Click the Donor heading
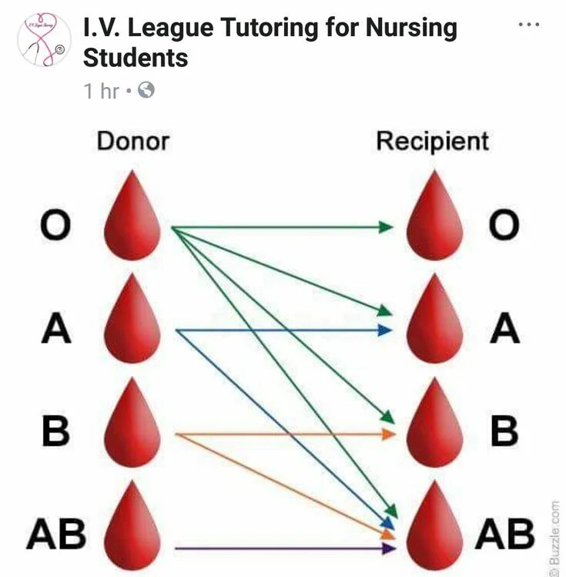132,141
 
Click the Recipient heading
432,141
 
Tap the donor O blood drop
132,220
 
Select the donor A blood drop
132,324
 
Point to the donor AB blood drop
132,532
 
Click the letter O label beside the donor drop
55,226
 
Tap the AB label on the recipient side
504,533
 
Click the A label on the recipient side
504,329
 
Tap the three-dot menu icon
529,25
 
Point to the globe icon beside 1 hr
146,91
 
